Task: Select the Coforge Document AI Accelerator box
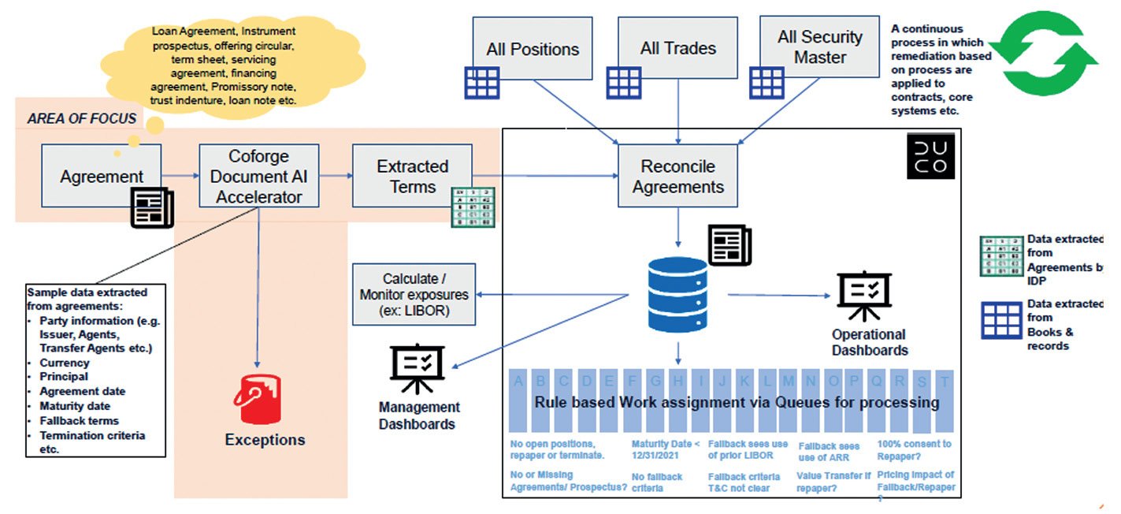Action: pos(259,175)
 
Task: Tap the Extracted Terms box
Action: pos(412,177)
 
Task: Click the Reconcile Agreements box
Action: pos(677,177)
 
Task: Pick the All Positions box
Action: pos(533,49)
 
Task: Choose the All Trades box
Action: pos(678,49)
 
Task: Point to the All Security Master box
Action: pos(819,47)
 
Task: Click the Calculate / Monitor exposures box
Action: pos(414,295)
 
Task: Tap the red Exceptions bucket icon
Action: pos(257,399)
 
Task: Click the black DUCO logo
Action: pos(930,155)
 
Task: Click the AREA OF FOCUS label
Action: pos(82,119)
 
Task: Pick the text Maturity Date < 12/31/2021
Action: pos(665,449)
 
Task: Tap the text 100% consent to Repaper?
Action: pos(914,449)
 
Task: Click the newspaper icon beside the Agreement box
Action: pos(152,207)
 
